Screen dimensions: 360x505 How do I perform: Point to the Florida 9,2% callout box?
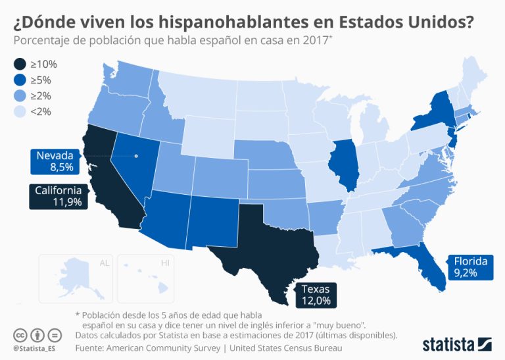(469, 267)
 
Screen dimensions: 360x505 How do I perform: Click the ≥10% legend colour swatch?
(20, 64)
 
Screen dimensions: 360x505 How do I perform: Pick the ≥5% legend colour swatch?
(20, 80)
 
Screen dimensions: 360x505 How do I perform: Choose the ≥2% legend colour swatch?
(20, 96)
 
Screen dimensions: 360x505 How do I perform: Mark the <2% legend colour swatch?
(20, 112)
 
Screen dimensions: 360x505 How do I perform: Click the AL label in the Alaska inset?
(104, 263)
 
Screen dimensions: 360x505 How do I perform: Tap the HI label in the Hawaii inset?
(165, 263)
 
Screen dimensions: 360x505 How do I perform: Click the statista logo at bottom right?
(458, 343)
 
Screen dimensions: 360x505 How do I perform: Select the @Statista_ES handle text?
(37, 347)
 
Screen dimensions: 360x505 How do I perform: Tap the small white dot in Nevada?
(137, 156)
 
